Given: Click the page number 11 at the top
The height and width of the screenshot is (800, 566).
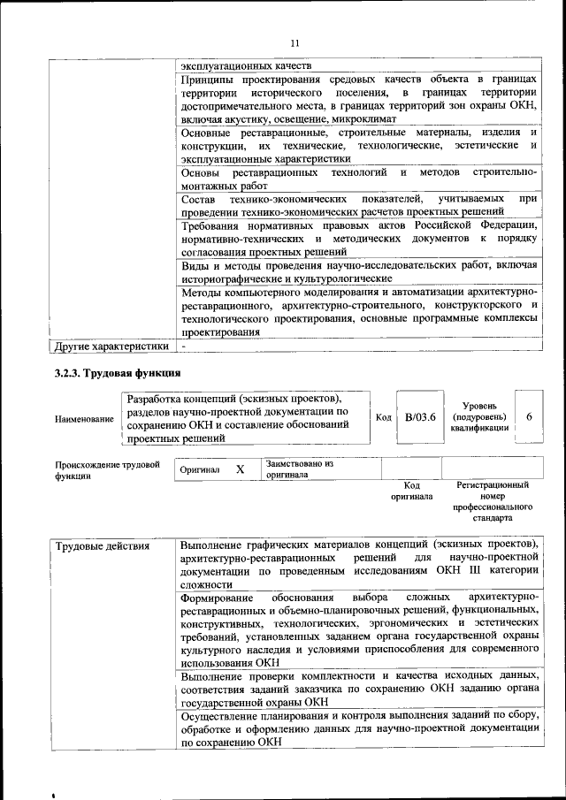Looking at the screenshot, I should [x=294, y=43].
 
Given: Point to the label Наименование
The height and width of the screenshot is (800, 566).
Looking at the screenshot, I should [x=84, y=418].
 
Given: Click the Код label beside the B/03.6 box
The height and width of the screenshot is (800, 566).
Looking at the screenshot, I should [x=383, y=416].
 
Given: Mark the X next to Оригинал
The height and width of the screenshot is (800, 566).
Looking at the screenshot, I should [x=240, y=469].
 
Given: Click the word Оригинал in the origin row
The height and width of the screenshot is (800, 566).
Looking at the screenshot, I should [x=199, y=469].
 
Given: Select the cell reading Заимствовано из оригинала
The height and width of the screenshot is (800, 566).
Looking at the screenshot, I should [x=299, y=469].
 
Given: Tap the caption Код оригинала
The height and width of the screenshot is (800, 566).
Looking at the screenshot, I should [x=410, y=491].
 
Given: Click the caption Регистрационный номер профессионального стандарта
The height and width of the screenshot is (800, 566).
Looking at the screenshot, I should [x=493, y=501].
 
